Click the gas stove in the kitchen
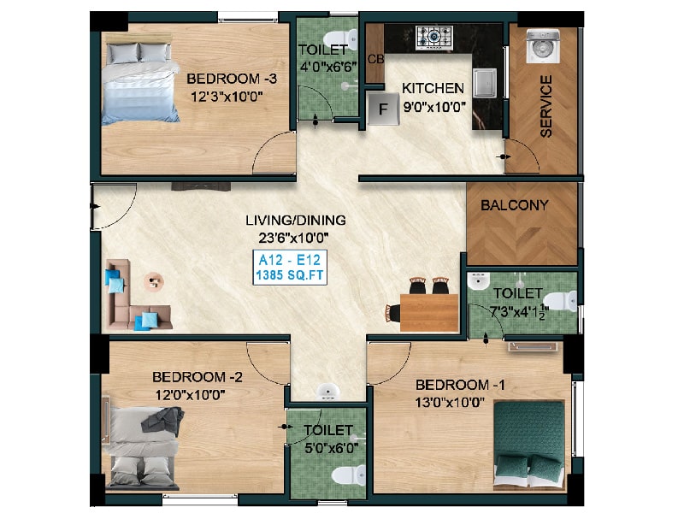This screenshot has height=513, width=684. pyautogui.click(x=434, y=38)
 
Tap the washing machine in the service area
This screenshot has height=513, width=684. pyautogui.click(x=542, y=46)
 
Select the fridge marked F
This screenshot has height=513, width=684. pyautogui.click(x=383, y=109)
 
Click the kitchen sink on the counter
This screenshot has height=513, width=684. pyautogui.click(x=484, y=83)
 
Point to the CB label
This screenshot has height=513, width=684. pyautogui.click(x=375, y=59)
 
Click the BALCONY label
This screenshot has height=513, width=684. pyautogui.click(x=515, y=205)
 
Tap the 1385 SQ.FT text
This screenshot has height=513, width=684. pyautogui.click(x=290, y=275)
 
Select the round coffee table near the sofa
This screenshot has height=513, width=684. pyautogui.click(x=154, y=281)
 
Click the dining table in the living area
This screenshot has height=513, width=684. pyautogui.click(x=429, y=313)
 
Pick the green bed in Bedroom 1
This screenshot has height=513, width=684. pyautogui.click(x=529, y=443)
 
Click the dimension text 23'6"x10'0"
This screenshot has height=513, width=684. pyautogui.click(x=293, y=239)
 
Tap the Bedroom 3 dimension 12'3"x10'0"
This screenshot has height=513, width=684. pyautogui.click(x=227, y=97)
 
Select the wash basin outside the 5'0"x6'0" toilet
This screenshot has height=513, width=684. pyautogui.click(x=327, y=392)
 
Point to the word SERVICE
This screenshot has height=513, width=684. pyautogui.click(x=545, y=106)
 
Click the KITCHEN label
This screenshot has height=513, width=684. pyautogui.click(x=433, y=88)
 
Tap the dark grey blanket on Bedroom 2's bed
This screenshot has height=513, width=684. pyautogui.click(x=163, y=421)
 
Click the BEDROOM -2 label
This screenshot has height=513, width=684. pyautogui.click(x=198, y=377)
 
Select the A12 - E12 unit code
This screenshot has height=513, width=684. pyautogui.click(x=290, y=260)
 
